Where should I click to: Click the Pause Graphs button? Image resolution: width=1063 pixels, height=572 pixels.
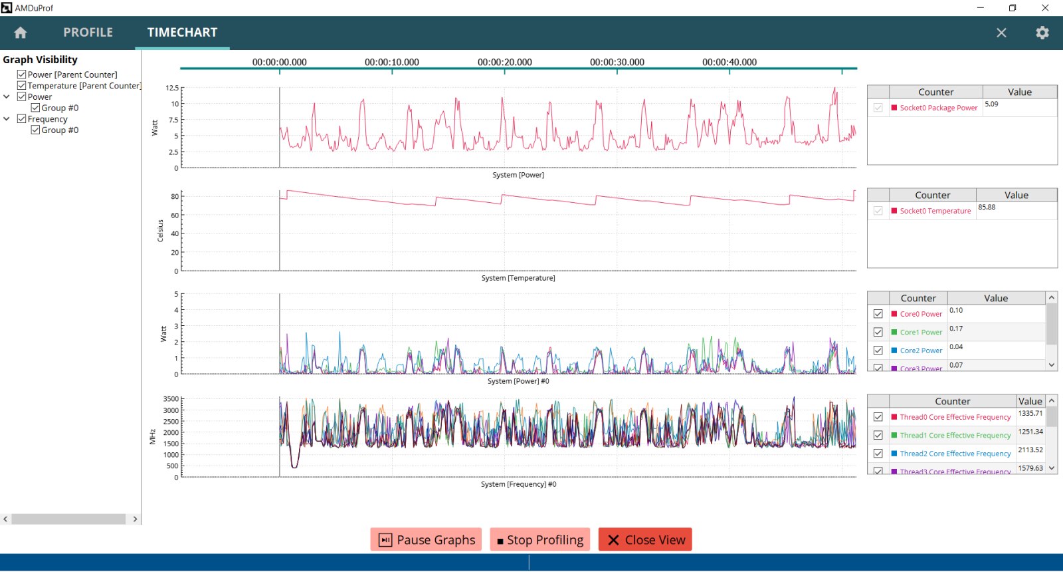point(427,540)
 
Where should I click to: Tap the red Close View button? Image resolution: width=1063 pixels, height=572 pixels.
point(645,540)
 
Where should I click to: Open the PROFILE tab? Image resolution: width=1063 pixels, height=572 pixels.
point(88,33)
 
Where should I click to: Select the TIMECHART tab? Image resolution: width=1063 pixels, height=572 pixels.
point(182,33)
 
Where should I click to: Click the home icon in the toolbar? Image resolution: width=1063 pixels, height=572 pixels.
point(21,33)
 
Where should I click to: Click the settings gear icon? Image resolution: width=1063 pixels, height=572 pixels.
point(1042,33)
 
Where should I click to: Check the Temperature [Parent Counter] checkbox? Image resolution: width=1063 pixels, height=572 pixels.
point(22,86)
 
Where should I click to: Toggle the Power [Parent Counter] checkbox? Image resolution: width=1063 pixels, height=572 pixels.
point(22,74)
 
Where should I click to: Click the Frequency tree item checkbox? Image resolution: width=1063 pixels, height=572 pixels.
point(22,119)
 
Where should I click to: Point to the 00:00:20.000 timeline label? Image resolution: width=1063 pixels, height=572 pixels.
point(504,63)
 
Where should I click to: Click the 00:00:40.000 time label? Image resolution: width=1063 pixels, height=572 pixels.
point(729,63)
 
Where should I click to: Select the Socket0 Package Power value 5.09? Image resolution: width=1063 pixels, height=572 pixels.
point(991,104)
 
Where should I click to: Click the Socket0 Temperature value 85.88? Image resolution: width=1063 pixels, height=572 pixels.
point(987,208)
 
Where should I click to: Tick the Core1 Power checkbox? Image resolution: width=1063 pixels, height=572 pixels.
point(878,332)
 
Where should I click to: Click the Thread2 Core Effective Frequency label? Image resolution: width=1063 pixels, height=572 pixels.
point(955,454)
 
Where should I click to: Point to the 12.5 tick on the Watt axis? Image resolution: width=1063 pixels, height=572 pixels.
point(172,88)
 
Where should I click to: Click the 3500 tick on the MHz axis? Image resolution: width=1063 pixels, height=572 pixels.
point(171,399)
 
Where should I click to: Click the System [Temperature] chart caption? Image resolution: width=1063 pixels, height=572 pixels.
point(518,278)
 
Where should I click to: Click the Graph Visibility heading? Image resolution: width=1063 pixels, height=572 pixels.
point(40,60)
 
